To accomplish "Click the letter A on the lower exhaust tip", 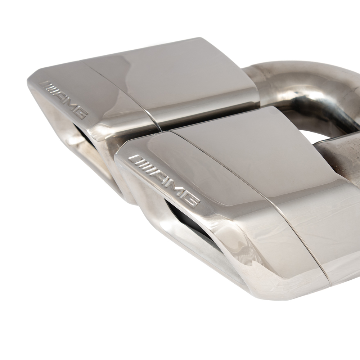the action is coord(159,176).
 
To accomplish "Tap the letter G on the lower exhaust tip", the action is coord(188,199).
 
